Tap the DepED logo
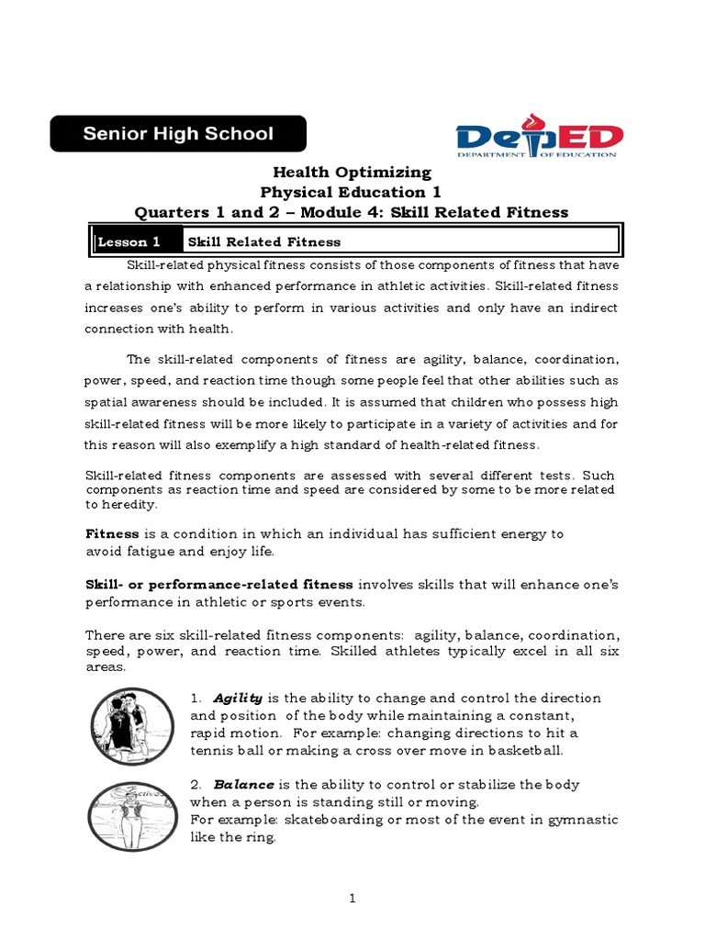(541, 139)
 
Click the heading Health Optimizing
(352, 173)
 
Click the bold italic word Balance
(243, 785)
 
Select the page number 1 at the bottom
(352, 899)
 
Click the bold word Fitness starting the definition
(112, 533)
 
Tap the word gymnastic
(581, 820)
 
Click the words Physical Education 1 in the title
(352, 193)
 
